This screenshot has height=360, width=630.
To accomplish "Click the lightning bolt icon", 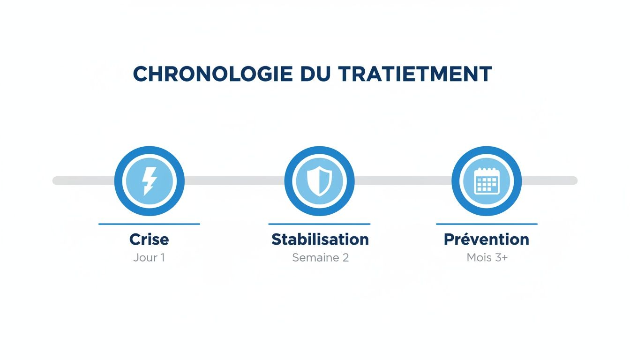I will click(x=149, y=181).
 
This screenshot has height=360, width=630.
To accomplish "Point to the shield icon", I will click(x=319, y=181).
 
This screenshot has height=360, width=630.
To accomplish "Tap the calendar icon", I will click(x=487, y=181).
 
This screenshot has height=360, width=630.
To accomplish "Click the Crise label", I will click(x=149, y=240).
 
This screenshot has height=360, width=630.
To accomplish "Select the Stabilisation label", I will click(x=320, y=240).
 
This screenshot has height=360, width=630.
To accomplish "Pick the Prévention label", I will click(x=487, y=240).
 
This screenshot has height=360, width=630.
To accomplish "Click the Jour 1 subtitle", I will click(x=149, y=258).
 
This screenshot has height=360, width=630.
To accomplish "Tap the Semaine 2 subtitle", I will click(x=320, y=258).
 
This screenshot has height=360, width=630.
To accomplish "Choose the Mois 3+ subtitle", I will click(x=487, y=258).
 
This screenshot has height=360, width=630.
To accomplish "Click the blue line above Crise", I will click(x=149, y=224).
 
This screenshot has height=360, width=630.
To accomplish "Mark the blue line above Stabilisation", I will click(x=319, y=224).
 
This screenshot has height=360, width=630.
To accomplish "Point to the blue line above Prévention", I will click(x=487, y=224).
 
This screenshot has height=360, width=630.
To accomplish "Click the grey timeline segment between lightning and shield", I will click(x=234, y=181).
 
